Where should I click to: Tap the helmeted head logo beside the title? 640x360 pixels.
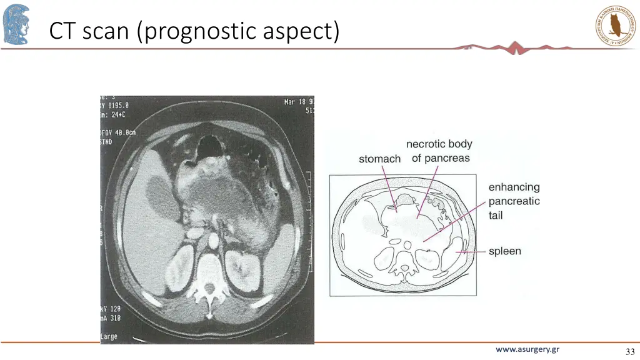16,24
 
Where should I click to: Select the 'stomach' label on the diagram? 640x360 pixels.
379,159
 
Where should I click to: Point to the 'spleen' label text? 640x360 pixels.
505,251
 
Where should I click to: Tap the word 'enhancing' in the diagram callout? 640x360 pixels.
514,187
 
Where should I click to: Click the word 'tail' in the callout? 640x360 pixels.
496,216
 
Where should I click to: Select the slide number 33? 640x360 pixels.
629,352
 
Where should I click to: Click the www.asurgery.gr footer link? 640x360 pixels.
527,349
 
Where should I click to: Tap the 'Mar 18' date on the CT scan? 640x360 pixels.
296,102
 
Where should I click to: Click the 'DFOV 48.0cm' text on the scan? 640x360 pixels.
119,132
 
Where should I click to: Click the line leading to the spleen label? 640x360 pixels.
474,251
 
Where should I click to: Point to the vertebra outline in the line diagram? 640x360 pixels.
407,269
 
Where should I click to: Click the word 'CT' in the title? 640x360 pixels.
62,31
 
